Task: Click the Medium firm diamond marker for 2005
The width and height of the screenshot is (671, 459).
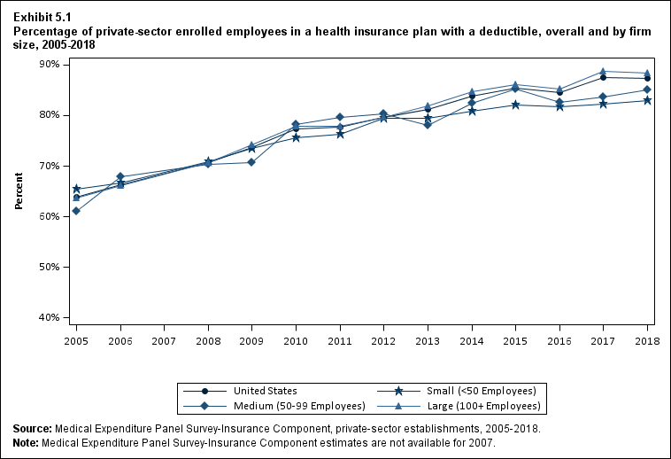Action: click(76, 211)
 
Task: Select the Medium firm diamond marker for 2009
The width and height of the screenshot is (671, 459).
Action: click(251, 162)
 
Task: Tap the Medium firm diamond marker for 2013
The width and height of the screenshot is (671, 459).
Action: click(428, 125)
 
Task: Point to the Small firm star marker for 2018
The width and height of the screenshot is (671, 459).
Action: click(647, 100)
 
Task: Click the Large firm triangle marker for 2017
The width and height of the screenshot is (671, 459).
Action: click(603, 71)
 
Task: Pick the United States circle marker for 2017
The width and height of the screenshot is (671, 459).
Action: click(603, 77)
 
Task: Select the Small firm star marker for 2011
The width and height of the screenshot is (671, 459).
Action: click(340, 134)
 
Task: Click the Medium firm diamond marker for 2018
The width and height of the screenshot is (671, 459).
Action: click(647, 89)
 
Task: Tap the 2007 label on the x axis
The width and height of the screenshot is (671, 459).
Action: click(164, 339)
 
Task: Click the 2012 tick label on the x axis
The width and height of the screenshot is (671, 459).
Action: click(383, 339)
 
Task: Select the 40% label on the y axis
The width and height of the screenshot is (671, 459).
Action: click(49, 317)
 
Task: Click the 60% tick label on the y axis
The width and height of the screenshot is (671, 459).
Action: click(49, 216)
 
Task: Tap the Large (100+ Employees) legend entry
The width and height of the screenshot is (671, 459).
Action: click(494, 406)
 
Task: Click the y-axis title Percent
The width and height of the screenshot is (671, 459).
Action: click(19, 191)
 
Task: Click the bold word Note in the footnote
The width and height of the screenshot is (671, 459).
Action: click(26, 442)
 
